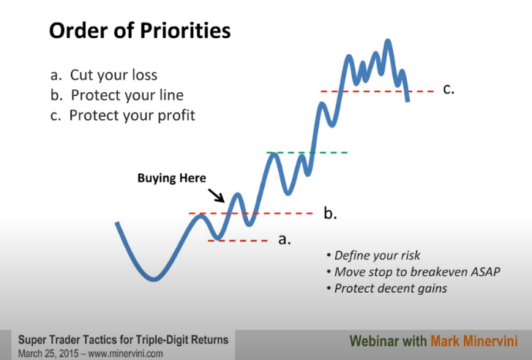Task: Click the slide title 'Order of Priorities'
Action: click(140, 31)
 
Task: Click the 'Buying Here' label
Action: click(172, 178)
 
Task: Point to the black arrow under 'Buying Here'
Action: click(216, 195)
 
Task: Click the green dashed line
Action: click(307, 153)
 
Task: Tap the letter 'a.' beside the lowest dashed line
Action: click(285, 239)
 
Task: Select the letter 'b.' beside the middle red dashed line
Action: click(330, 213)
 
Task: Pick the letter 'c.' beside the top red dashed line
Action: click(449, 89)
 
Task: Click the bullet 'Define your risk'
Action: click(373, 255)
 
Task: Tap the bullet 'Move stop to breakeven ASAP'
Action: click(413, 271)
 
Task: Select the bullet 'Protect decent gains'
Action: click(387, 288)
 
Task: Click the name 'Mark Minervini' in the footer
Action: click(474, 341)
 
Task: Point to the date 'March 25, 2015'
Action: click(49, 353)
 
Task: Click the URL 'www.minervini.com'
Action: click(126, 353)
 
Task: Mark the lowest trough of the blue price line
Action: click(154, 280)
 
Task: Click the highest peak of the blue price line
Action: click(388, 41)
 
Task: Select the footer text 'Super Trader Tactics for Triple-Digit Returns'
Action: click(123, 340)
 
